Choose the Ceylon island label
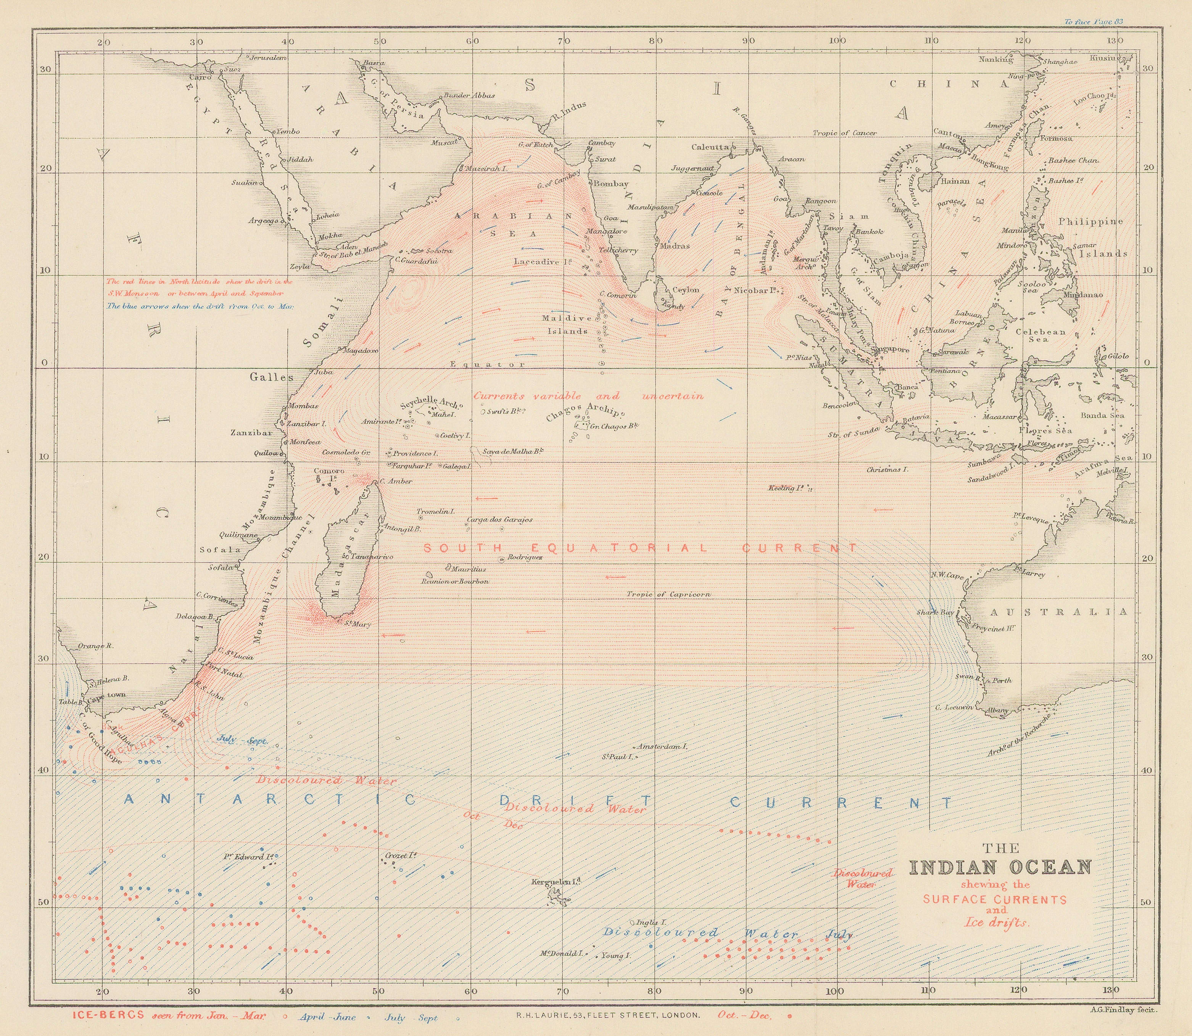click(x=686, y=290)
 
